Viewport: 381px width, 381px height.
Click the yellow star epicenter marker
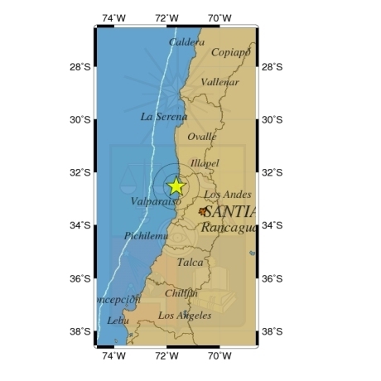click(176, 186)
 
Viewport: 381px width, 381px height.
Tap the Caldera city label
click(186, 42)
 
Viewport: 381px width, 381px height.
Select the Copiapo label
click(230, 53)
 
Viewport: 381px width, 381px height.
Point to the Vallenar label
click(219, 82)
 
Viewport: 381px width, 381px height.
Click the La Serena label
click(163, 117)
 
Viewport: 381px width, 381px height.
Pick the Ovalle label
click(202, 137)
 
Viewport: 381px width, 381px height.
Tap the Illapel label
click(205, 163)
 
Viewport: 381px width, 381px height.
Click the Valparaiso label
click(156, 201)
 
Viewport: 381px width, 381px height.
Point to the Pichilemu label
click(146, 236)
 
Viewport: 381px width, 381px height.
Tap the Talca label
click(190, 263)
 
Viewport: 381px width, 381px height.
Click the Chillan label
click(181, 293)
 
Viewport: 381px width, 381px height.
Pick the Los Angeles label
click(185, 316)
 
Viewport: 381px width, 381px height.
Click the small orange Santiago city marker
click(203, 212)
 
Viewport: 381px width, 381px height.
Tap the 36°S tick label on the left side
click(80, 278)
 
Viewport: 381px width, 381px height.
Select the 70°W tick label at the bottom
click(219, 356)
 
